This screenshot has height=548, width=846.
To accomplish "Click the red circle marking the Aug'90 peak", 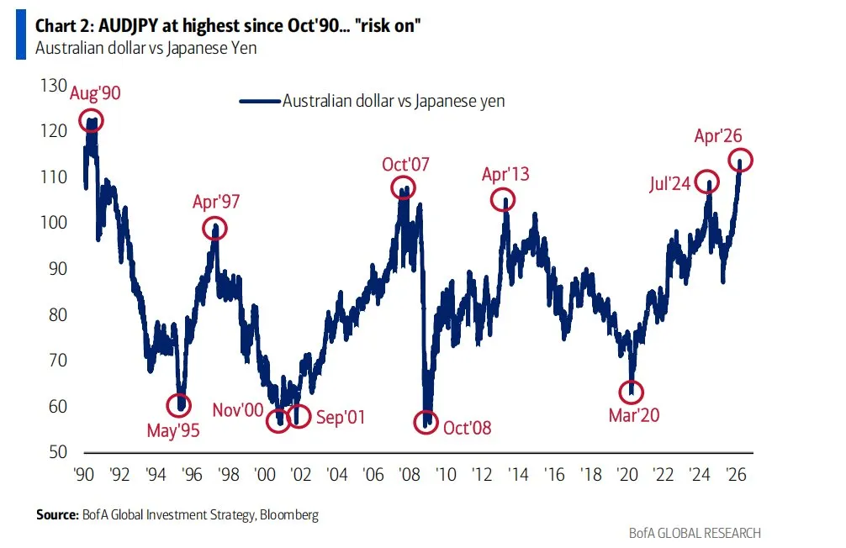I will point(92,120).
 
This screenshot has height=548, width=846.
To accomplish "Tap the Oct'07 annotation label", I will point(405,164).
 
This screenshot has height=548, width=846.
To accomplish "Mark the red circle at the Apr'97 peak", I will point(215,229).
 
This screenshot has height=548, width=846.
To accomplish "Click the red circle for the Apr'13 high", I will point(503,200).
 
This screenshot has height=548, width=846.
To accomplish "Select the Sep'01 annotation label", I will point(340,417).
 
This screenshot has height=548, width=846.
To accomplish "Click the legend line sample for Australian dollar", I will point(258,101).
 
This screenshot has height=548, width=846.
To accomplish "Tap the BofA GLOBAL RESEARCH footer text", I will point(695,533).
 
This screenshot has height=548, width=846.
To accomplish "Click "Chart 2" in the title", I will point(61,26).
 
